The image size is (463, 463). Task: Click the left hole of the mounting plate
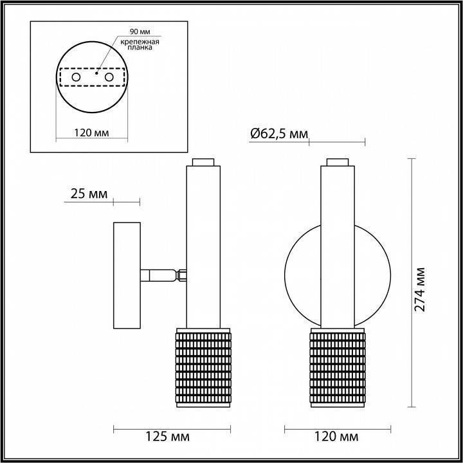coord(77,77)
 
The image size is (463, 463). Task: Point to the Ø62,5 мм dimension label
coord(278,133)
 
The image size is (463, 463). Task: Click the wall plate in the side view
coord(127,275)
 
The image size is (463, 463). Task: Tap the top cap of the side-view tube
coord(203,161)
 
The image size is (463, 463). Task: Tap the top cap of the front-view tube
coord(338,161)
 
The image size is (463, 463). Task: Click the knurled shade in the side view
coord(203,367)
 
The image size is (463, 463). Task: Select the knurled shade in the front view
coord(338,367)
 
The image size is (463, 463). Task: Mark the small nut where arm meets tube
coord(182,275)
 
